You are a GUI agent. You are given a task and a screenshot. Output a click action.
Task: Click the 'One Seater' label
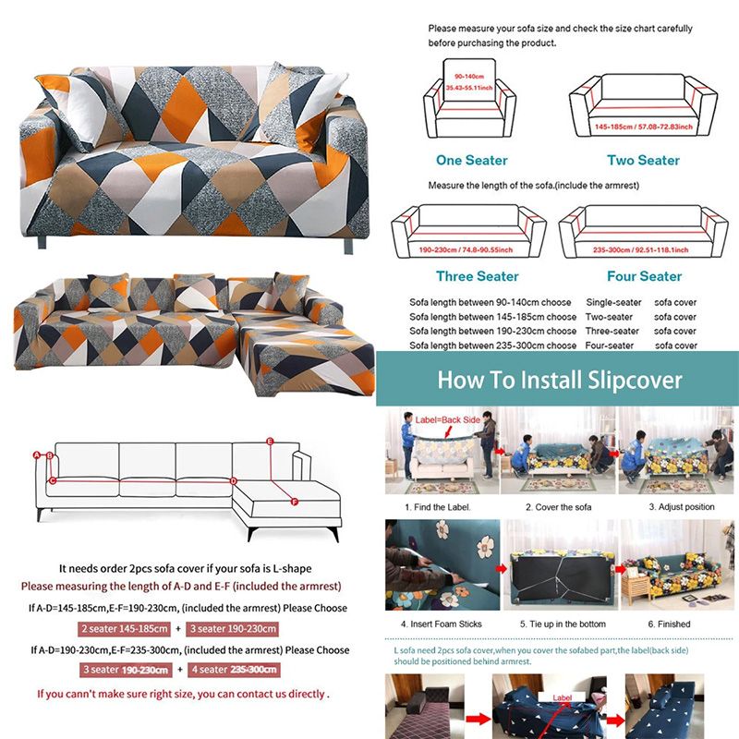(472, 160)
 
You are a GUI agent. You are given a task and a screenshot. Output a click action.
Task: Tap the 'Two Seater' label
(643, 160)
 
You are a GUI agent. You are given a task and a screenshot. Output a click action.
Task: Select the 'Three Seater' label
(478, 276)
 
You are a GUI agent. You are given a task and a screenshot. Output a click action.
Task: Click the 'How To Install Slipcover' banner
(559, 380)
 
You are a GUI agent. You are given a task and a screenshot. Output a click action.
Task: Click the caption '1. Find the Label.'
(438, 507)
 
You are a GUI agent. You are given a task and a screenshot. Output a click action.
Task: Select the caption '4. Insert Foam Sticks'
(442, 624)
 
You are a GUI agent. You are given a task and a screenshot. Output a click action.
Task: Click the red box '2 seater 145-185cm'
(125, 629)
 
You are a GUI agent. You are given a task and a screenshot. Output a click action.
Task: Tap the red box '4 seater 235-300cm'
(233, 669)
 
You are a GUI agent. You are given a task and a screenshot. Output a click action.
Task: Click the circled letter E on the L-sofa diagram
(270, 442)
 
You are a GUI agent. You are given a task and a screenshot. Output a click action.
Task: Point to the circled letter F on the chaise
(294, 503)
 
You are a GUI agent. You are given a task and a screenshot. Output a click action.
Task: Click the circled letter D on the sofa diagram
(234, 480)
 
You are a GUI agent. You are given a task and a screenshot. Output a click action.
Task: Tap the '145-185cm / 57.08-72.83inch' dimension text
(644, 125)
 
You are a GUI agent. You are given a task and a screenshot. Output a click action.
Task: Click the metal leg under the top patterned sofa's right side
(348, 246)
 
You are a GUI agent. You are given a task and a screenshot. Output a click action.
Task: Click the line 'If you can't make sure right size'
(182, 694)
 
